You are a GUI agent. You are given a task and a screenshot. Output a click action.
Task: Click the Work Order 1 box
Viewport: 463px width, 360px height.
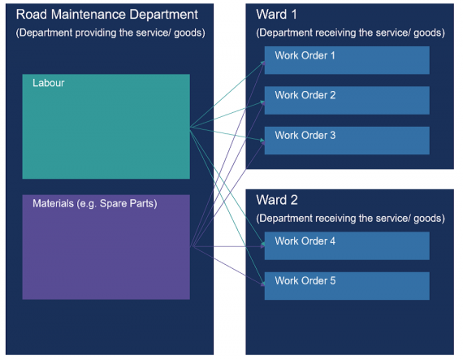[347, 60]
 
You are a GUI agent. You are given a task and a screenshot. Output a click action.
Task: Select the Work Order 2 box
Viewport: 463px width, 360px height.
[347, 100]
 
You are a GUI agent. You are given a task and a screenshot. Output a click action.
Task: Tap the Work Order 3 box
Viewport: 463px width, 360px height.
[347, 140]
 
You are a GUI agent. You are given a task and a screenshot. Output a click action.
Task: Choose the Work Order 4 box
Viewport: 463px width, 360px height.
[347, 245]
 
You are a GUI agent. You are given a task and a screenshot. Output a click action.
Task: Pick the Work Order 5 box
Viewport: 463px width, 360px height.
[347, 285]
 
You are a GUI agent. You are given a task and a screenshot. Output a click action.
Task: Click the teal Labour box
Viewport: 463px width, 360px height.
[106, 127]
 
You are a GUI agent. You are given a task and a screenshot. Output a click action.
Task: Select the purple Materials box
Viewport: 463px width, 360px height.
[106, 246]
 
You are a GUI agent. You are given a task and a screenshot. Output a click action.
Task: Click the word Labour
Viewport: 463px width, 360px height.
[48, 83]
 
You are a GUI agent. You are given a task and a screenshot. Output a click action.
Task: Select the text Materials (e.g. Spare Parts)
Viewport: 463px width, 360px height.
[94, 203]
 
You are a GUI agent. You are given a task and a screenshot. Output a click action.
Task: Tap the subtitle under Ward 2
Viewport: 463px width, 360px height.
[350, 218]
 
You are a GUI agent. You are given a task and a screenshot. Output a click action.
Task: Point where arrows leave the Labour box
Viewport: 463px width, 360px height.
[190, 128]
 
